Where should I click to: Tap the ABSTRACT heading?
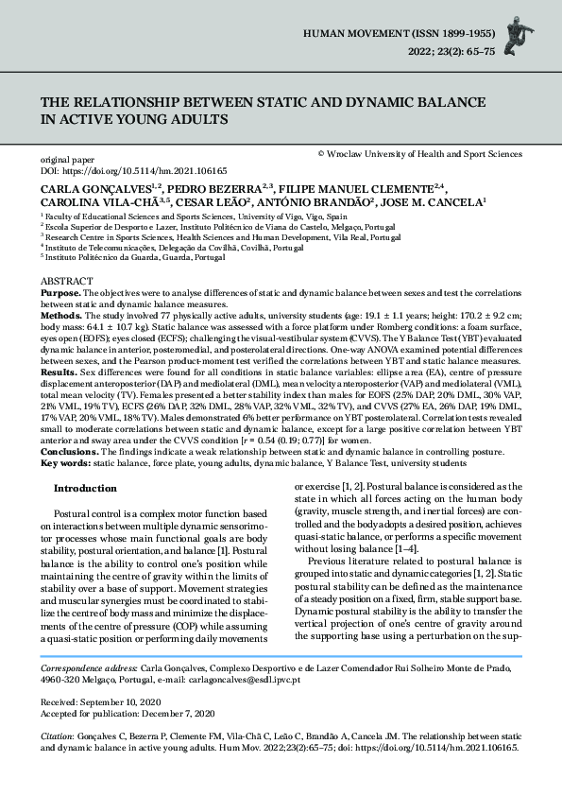[67, 283]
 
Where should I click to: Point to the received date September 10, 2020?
[125, 702]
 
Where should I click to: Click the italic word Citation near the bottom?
[58, 735]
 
